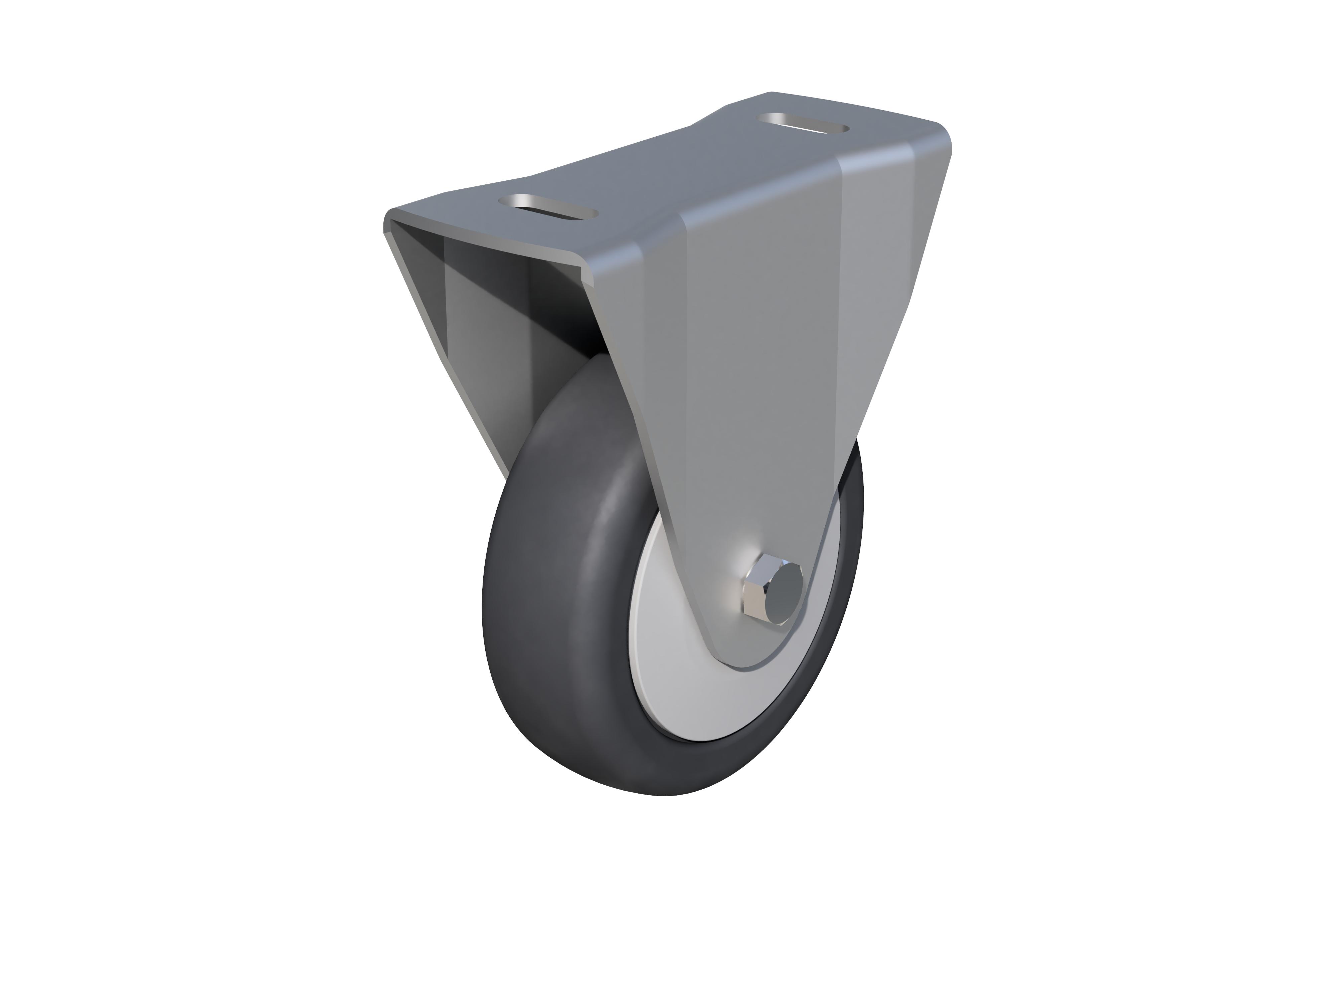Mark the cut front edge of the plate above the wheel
(x=489, y=241)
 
